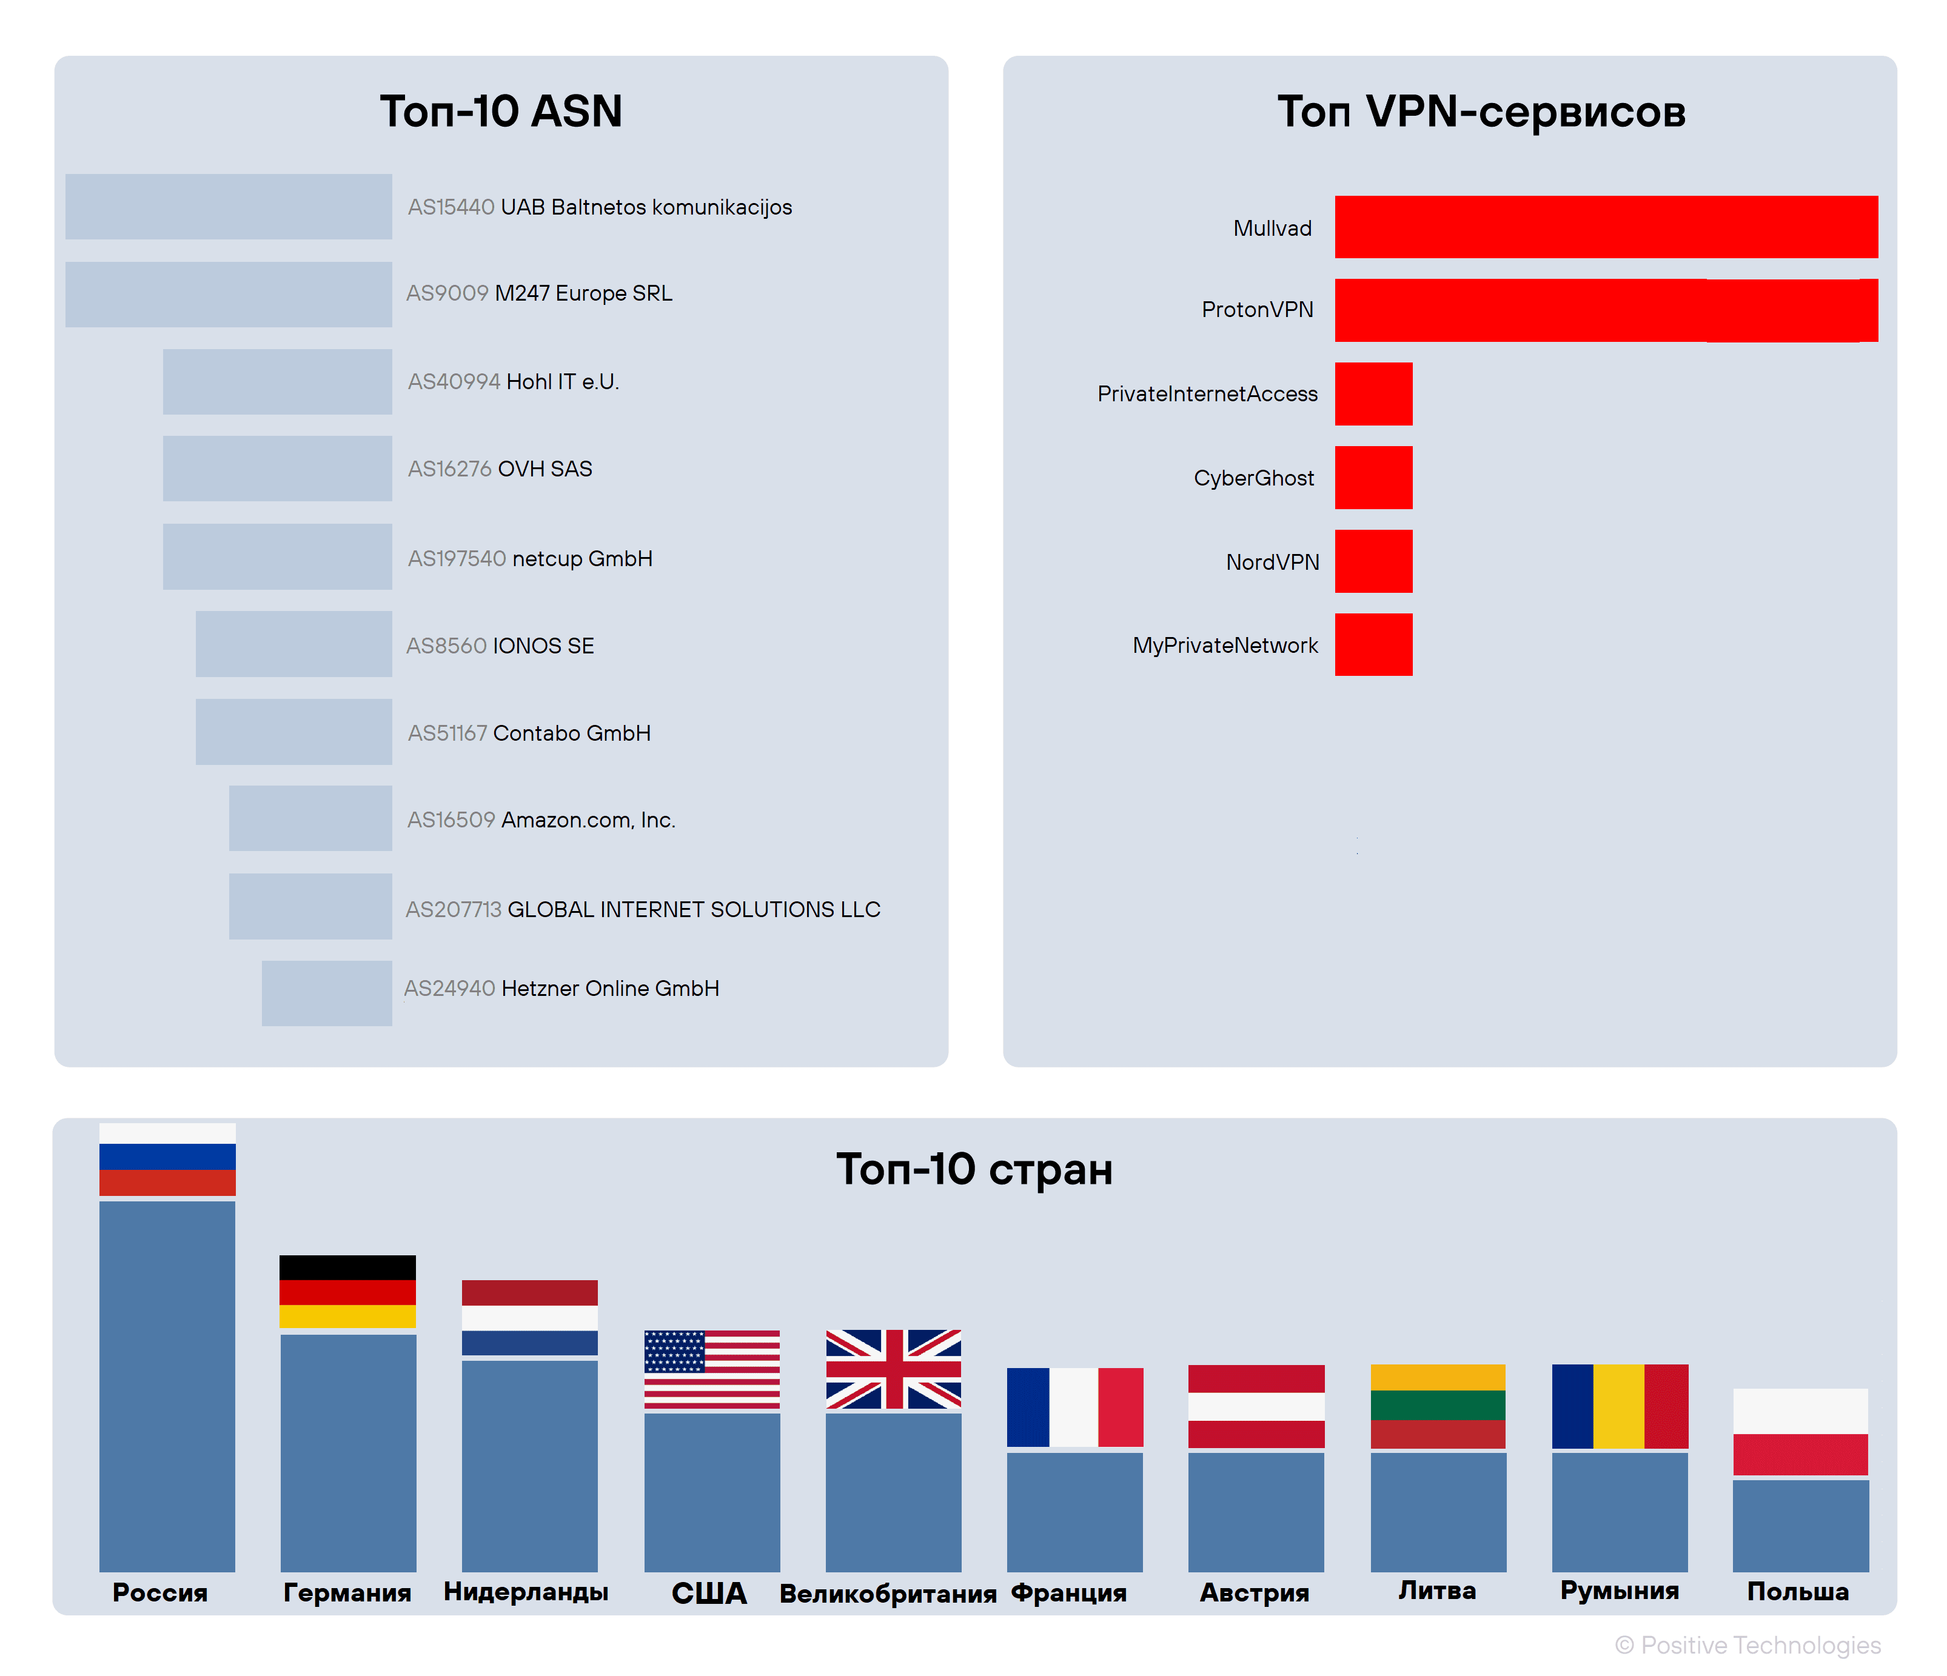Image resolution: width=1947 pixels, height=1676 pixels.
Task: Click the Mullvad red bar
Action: pyautogui.click(x=1605, y=227)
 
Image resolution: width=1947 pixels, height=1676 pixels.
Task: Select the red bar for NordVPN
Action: pyautogui.click(x=1373, y=561)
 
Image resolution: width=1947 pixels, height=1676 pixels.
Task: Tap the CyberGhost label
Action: pyautogui.click(x=1253, y=478)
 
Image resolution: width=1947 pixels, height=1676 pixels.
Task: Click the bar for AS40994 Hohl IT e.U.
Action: pyautogui.click(x=277, y=381)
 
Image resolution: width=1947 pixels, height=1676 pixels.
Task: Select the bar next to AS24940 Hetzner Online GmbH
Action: pyautogui.click(x=326, y=993)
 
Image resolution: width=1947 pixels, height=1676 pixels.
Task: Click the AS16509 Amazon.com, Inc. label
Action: pyautogui.click(x=541, y=820)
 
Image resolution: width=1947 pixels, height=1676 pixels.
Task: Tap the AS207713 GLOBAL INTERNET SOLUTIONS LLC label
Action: pyautogui.click(x=643, y=909)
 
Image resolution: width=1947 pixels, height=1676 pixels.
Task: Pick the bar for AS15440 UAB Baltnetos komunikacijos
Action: pyautogui.click(x=229, y=207)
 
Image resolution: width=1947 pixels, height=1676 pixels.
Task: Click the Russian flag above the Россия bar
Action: pyautogui.click(x=167, y=1160)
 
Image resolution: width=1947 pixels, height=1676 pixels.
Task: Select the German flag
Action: pyautogui.click(x=347, y=1291)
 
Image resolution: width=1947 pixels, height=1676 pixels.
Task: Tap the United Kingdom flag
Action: pyautogui.click(x=893, y=1369)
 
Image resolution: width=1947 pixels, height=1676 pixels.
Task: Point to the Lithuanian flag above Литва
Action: pyautogui.click(x=1438, y=1406)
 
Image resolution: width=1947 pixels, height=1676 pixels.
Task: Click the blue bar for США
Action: pyautogui.click(x=711, y=1492)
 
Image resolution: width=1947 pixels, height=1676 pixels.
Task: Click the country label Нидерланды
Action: pyautogui.click(x=526, y=1592)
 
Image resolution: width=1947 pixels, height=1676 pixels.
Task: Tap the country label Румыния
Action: pyautogui.click(x=1619, y=1591)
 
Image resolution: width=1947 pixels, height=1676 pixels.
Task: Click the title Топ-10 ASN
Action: pyautogui.click(x=501, y=112)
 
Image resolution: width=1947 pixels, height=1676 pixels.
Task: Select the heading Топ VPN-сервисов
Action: pyautogui.click(x=1481, y=112)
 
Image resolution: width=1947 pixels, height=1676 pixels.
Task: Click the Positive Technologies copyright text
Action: pyautogui.click(x=1748, y=1645)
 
